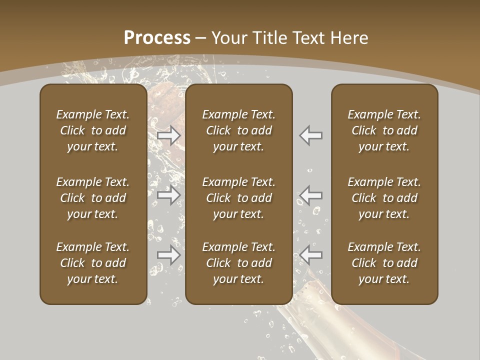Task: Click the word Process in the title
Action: pyautogui.click(x=157, y=38)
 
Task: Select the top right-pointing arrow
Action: pyautogui.click(x=169, y=135)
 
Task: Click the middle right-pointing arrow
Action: pyautogui.click(x=169, y=195)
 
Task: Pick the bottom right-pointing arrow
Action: pyautogui.click(x=169, y=255)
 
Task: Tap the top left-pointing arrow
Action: pyautogui.click(x=311, y=135)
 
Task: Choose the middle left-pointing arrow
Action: pyautogui.click(x=311, y=195)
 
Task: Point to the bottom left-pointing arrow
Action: pyautogui.click(x=311, y=255)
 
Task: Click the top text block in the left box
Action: pyautogui.click(x=93, y=130)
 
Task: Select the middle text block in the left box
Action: pyautogui.click(x=93, y=198)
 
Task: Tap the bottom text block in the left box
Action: pyautogui.click(x=93, y=263)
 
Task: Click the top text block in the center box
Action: pyautogui.click(x=238, y=130)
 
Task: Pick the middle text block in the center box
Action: pyautogui.click(x=238, y=198)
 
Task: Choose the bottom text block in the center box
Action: pyautogui.click(x=238, y=263)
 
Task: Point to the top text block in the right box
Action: pyautogui.click(x=384, y=130)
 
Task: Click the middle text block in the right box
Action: pyautogui.click(x=384, y=198)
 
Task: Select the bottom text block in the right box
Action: pyautogui.click(x=384, y=263)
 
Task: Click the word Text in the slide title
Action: pyautogui.click(x=306, y=38)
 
